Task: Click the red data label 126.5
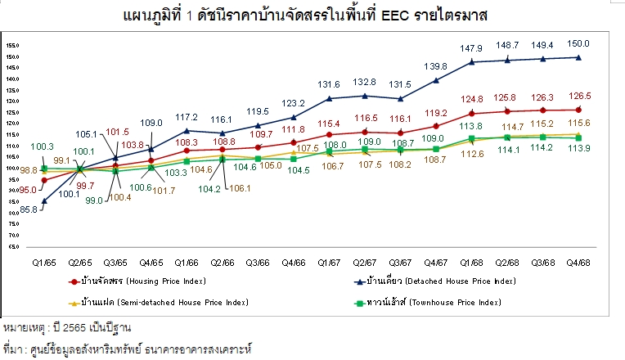point(578,96)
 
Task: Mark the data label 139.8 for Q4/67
point(435,65)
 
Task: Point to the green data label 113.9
point(578,148)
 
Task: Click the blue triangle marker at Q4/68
point(578,57)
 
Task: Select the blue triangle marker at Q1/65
point(44,200)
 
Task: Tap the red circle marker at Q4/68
point(578,110)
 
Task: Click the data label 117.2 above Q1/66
point(187,116)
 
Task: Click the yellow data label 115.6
point(578,123)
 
